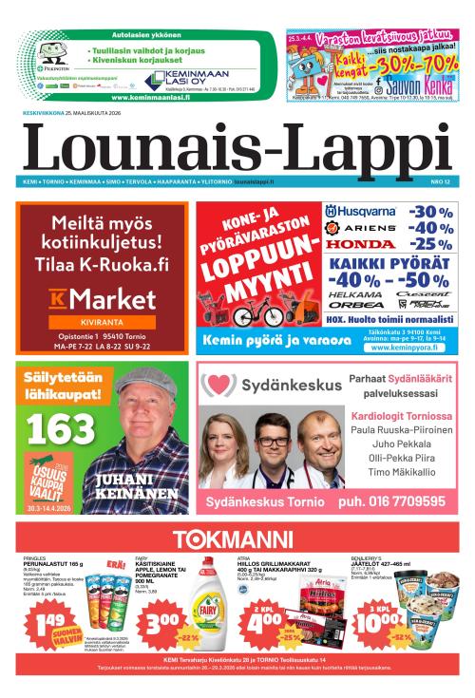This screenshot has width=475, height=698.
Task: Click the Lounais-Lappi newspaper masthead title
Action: (237, 147)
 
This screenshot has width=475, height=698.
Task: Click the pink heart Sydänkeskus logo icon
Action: (218, 386)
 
